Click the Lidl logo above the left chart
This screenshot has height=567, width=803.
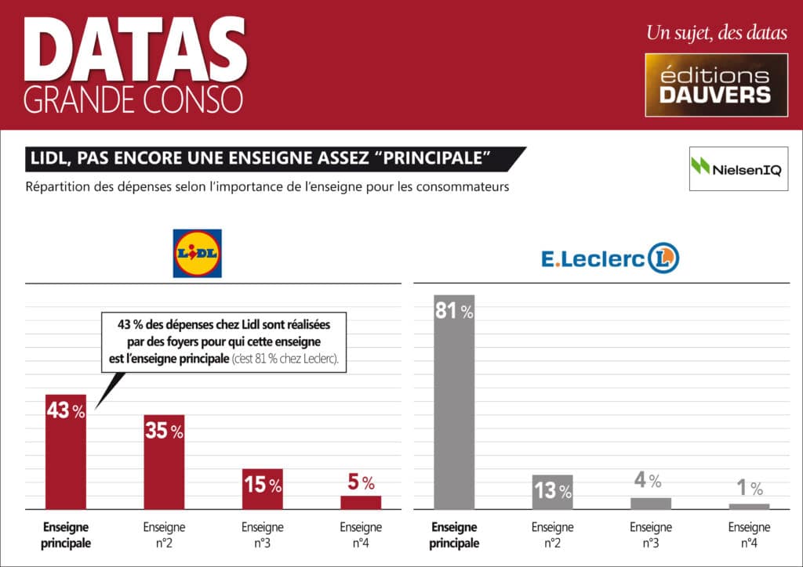tap(197, 253)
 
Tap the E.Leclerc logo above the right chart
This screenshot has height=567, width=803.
tap(609, 258)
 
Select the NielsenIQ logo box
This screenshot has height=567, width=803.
tap(738, 168)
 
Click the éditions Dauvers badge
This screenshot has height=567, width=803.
tap(716, 85)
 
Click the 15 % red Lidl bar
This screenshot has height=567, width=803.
tap(262, 490)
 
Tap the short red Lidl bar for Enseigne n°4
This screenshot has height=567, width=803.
tap(361, 502)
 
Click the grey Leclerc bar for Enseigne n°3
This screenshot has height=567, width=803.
tap(651, 504)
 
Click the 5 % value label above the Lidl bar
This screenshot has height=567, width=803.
tap(361, 483)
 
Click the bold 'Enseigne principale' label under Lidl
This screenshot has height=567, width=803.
tap(66, 535)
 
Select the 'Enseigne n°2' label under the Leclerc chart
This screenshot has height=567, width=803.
tap(552, 535)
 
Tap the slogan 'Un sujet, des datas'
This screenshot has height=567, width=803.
tap(715, 33)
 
